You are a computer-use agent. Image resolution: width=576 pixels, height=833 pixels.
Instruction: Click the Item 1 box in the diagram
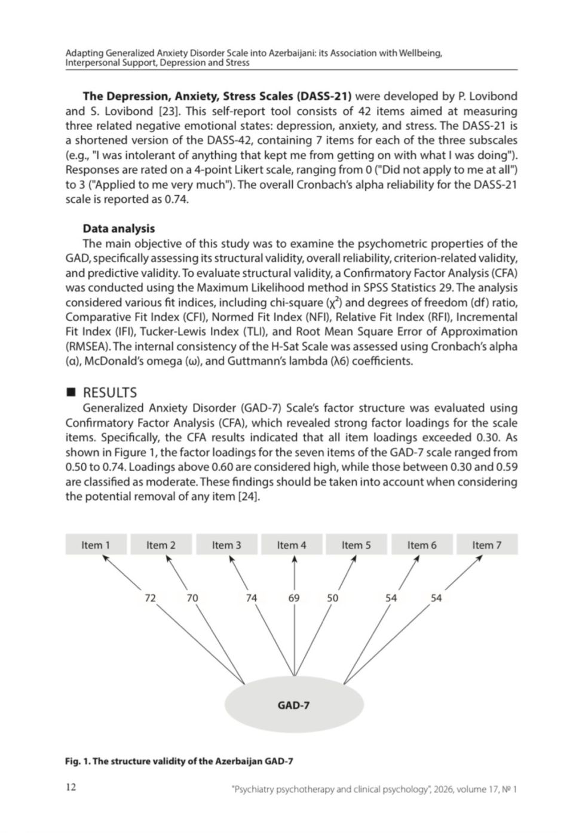point(96,545)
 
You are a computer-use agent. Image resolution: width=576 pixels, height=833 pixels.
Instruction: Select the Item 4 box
point(292,545)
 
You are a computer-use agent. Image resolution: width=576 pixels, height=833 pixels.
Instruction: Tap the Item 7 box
point(486,545)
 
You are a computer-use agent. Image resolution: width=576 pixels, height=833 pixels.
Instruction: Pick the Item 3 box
point(226,545)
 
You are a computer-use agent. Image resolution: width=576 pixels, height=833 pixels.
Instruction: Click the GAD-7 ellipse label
point(293,705)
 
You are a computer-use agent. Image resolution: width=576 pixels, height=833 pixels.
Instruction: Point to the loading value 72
point(151,598)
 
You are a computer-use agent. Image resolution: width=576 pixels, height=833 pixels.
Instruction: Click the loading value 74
point(252,598)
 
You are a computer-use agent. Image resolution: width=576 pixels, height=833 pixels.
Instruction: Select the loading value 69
point(294,598)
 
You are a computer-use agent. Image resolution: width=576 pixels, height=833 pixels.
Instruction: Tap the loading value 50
point(332,598)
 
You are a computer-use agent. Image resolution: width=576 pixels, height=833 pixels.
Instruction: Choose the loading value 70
point(192,598)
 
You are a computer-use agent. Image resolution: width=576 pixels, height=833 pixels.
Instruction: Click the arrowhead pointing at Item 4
point(295,559)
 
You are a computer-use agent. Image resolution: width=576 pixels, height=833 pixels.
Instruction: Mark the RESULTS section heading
point(109,392)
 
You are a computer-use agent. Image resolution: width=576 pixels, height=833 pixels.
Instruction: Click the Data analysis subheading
point(118,228)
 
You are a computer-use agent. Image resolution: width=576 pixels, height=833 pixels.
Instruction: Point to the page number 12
point(71,787)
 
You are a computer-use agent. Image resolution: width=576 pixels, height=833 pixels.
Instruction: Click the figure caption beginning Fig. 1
point(179,761)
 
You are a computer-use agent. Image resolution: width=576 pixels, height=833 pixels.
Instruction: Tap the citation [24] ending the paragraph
point(249,496)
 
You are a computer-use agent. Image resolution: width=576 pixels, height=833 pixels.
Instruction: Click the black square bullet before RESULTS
point(71,392)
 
